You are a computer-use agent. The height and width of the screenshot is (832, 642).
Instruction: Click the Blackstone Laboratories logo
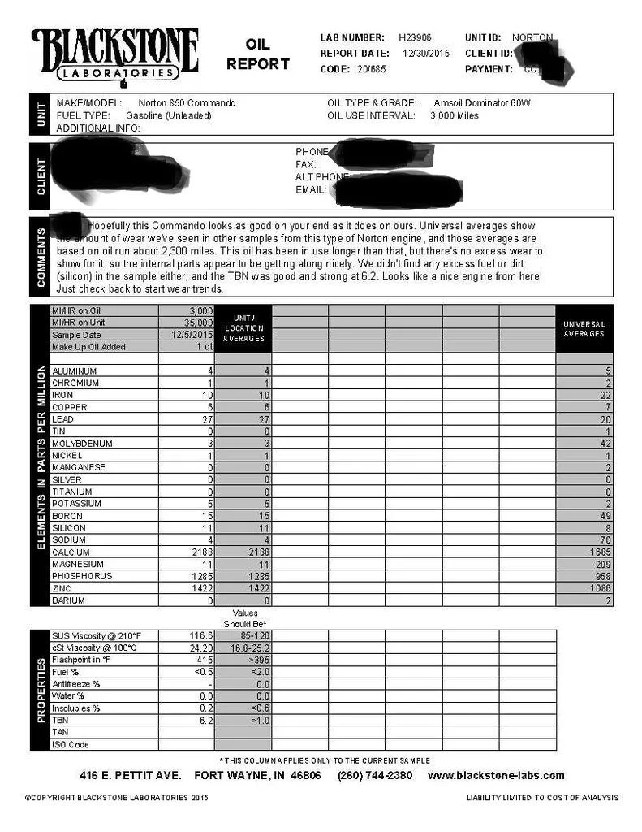pyautogui.click(x=114, y=55)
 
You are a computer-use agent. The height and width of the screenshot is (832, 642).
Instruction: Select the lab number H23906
pyautogui.click(x=416, y=37)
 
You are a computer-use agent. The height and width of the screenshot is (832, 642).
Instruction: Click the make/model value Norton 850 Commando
pyautogui.click(x=187, y=103)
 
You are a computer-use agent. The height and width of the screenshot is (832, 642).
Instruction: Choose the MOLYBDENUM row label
pyautogui.click(x=82, y=444)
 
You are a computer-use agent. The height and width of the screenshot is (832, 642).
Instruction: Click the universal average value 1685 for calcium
pyautogui.click(x=600, y=552)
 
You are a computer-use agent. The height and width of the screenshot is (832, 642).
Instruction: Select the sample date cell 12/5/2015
pyautogui.click(x=192, y=335)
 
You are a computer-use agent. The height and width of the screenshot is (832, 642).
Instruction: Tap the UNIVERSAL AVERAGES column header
pyautogui.click(x=584, y=328)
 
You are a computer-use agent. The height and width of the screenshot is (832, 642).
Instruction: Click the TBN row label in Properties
pyautogui.click(x=60, y=720)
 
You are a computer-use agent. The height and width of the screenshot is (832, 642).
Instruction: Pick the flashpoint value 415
pyautogui.click(x=203, y=660)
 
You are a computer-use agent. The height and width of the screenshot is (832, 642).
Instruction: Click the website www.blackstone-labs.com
pyautogui.click(x=496, y=775)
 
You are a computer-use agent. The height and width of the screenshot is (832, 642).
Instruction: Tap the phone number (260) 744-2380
pyautogui.click(x=375, y=775)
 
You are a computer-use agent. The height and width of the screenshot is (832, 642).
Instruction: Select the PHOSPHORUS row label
pyautogui.click(x=82, y=576)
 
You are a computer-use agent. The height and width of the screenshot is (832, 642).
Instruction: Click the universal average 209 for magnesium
pyautogui.click(x=602, y=564)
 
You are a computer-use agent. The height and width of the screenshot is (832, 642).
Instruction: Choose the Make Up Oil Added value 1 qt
pyautogui.click(x=204, y=347)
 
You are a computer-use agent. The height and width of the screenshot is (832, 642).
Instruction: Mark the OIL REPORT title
pyautogui.click(x=257, y=54)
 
